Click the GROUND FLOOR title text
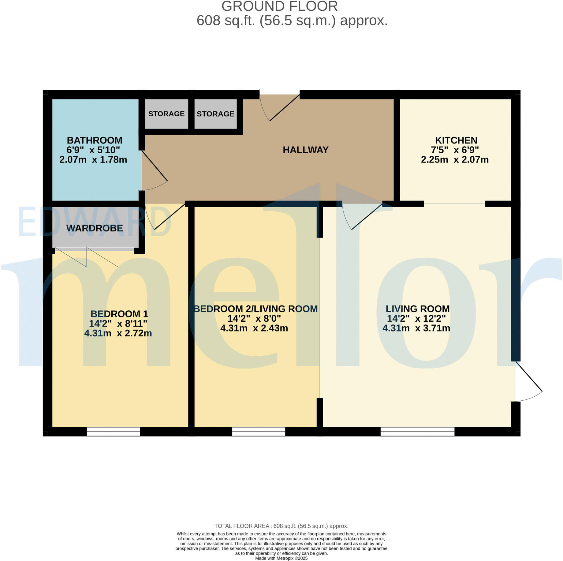click(279, 6)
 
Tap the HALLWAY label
click(305, 150)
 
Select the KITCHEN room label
click(456, 140)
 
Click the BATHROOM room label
click(95, 140)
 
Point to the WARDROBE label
click(95, 228)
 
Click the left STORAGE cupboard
click(166, 114)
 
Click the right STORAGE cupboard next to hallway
click(215, 114)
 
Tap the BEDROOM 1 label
click(119, 314)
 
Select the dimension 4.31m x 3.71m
click(416, 328)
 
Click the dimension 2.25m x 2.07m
click(455, 160)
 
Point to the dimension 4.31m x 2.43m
click(254, 328)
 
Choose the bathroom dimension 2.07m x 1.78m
click(93, 160)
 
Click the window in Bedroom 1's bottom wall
click(113, 431)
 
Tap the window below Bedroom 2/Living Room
click(259, 431)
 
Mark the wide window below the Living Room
click(417, 431)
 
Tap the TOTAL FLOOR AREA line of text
click(281, 526)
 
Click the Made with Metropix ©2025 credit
click(281, 558)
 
